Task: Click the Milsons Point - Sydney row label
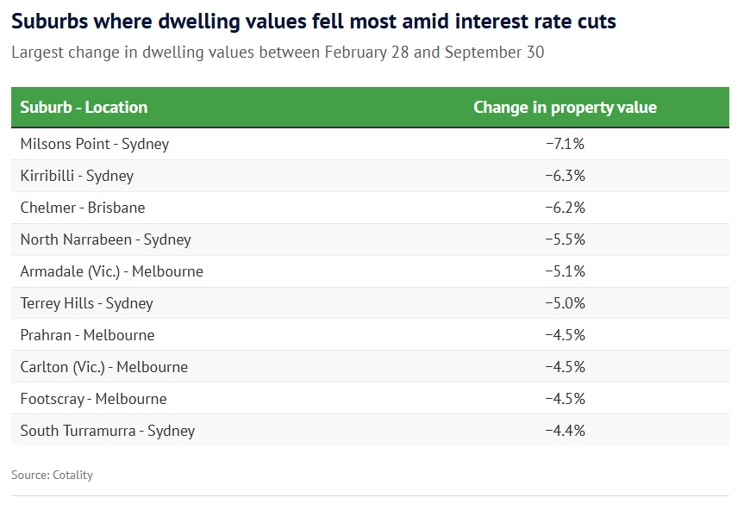[x=95, y=144]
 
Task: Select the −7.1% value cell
[x=565, y=144]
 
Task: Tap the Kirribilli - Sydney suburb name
[x=77, y=176]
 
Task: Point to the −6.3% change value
[x=565, y=176]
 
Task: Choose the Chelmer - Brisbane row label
[x=83, y=208]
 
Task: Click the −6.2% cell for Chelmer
[x=565, y=208]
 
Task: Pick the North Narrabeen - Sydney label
[x=105, y=239]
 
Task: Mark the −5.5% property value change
[x=565, y=239]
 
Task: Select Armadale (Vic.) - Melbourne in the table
[x=112, y=271]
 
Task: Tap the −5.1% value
[x=565, y=271]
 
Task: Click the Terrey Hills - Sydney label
[x=86, y=303]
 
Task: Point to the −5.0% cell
[x=565, y=303]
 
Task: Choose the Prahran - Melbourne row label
[x=88, y=335]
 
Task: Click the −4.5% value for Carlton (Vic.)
[x=565, y=367]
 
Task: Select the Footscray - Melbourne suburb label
[x=94, y=399]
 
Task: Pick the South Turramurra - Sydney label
[x=108, y=431]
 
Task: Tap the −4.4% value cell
[x=565, y=431]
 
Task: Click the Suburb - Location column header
[x=84, y=108]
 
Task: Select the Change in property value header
[x=565, y=108]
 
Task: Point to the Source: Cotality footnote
[x=52, y=475]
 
